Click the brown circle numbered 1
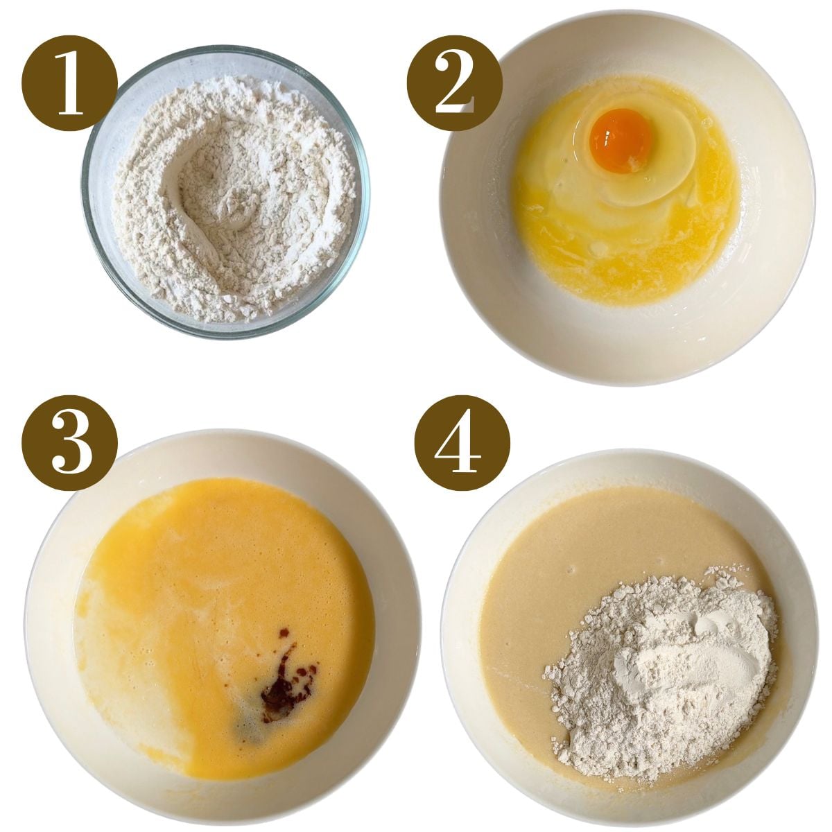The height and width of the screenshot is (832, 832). (69, 83)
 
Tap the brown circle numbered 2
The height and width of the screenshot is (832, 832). (455, 83)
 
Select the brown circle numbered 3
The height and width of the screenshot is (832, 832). (69, 442)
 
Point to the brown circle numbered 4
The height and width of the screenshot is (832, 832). (462, 442)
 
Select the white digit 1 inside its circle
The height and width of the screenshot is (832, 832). (70, 83)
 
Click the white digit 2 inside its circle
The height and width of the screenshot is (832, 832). (455, 83)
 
